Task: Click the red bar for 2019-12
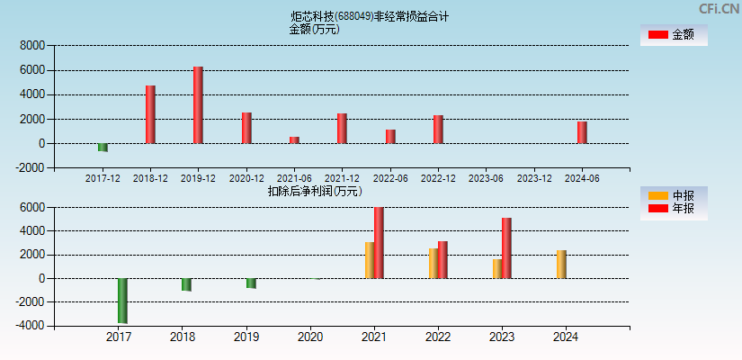198,104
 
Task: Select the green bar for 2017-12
103,147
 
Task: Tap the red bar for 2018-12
150,114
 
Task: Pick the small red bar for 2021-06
294,139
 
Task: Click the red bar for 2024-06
582,132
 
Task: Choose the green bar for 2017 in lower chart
122,301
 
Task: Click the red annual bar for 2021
379,243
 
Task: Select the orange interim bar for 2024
561,265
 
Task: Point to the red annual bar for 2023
506,248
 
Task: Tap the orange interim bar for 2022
434,264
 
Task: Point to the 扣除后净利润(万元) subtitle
315,191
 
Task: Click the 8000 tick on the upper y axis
32,45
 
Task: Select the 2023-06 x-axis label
486,178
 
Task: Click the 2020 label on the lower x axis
310,337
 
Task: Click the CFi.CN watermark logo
719,9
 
